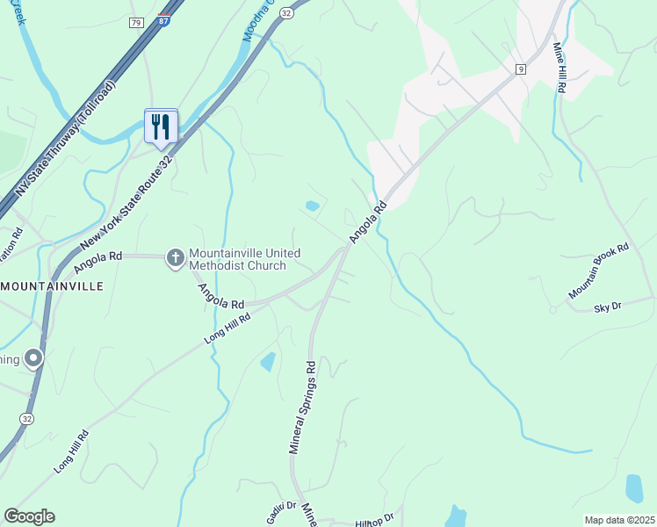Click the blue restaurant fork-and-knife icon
pos(161,126)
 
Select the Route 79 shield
pos(135,22)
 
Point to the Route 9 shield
pos(521,69)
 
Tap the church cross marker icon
pos(175,257)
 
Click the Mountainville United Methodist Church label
pos(238,259)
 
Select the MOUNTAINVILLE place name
pos(54,286)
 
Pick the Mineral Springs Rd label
pos(302,407)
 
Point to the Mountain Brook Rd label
pos(599,271)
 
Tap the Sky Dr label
pos(608,307)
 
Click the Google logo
pos(29,516)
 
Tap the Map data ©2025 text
pos(618,520)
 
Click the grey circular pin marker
pos(33,358)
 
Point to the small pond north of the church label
pos(312,206)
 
